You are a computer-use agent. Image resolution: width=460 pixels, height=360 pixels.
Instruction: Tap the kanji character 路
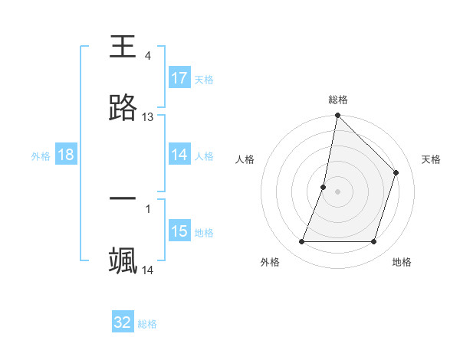tap(123, 109)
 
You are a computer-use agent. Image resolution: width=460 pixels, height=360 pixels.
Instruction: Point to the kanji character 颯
tap(123, 261)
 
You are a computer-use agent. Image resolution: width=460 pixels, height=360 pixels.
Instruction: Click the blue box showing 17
tap(179, 78)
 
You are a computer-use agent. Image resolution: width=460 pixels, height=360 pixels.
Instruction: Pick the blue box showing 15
tap(179, 231)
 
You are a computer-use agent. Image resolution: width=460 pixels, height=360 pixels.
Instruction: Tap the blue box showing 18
tap(66, 155)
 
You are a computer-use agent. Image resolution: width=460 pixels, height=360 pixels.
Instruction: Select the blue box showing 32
tap(123, 322)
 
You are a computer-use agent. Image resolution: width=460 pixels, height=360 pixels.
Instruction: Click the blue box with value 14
tap(179, 155)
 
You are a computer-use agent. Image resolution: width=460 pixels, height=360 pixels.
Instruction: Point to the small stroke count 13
tap(148, 117)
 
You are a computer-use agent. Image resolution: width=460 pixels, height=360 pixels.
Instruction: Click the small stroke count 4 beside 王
tap(148, 56)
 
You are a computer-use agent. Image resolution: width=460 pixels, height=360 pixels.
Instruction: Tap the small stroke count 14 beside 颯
tap(148, 270)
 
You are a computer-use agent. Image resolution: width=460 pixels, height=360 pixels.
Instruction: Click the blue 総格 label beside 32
tap(147, 324)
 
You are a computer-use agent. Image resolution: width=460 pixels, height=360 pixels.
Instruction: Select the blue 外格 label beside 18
tap(41, 155)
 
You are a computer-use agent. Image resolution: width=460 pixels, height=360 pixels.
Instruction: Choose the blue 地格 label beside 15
tap(204, 233)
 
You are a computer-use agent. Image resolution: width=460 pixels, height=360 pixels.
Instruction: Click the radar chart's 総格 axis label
tap(338, 100)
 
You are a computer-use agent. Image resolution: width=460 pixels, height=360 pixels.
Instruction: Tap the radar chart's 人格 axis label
tap(245, 159)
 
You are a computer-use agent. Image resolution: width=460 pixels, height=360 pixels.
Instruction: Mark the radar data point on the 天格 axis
tap(396, 172)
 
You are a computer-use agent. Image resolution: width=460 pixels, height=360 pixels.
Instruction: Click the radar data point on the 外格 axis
tap(302, 242)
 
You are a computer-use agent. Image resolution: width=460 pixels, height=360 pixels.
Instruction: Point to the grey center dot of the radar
tap(338, 191)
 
